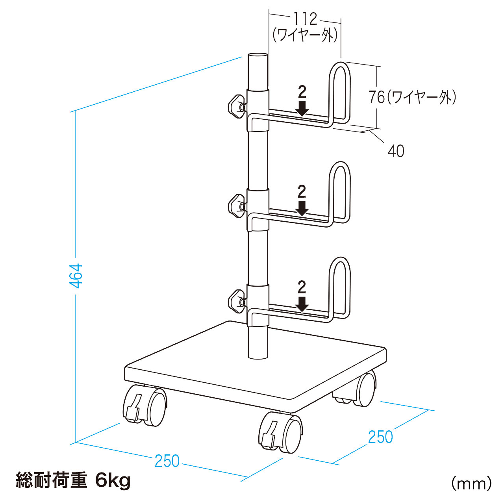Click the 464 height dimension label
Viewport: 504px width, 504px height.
[x=77, y=276]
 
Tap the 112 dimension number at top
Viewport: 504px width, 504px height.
[x=305, y=19]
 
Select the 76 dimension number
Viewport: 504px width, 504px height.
[x=377, y=97]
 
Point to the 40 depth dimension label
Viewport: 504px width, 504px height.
[x=396, y=151]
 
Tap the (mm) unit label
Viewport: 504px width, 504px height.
[x=471, y=484]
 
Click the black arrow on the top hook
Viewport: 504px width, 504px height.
[x=302, y=109]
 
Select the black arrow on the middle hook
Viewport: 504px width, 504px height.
[x=302, y=208]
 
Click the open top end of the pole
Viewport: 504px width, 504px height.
[x=258, y=56]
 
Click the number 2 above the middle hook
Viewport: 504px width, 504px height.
[x=302, y=192]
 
